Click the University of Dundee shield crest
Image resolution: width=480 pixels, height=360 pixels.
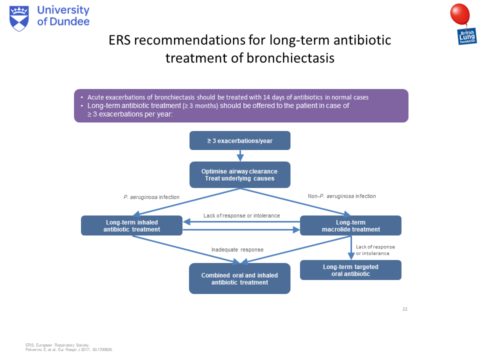pos(20,18)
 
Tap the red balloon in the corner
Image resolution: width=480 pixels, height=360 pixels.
pos(460,13)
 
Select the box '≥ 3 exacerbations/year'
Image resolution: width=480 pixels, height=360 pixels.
pos(240,140)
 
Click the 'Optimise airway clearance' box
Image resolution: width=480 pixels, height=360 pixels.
pos(240,174)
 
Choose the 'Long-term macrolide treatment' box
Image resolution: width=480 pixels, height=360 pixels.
pos(350,225)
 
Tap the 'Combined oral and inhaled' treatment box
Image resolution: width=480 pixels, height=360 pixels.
pos(239,278)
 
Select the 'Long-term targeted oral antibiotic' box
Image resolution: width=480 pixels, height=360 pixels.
pos(350,270)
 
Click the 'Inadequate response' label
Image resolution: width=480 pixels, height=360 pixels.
pos(237,249)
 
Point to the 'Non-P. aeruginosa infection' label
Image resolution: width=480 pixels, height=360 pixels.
pos(341,196)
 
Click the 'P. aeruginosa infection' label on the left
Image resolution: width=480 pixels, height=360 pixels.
pos(151,197)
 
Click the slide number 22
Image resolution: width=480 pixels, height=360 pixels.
pos(405,309)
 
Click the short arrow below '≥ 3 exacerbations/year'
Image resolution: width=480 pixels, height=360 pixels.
pos(240,155)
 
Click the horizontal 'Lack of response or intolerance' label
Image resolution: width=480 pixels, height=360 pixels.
pos(241,216)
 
